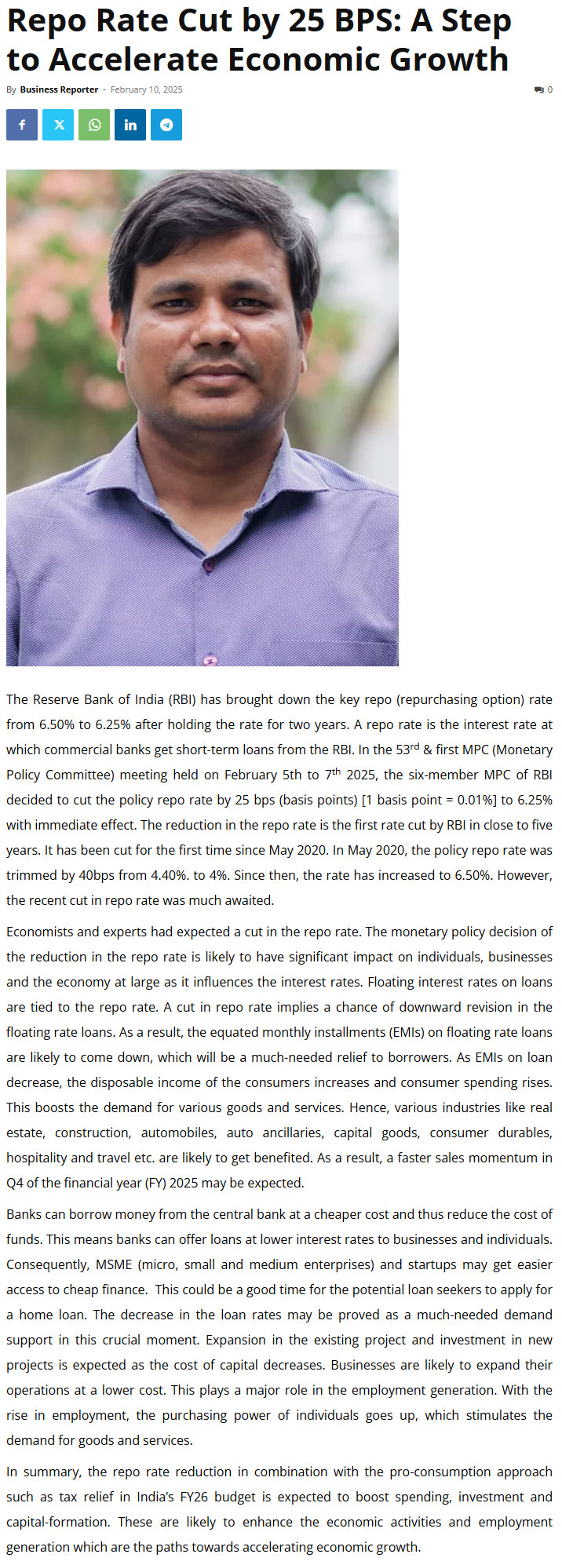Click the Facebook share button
point(22,125)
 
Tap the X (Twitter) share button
point(58,125)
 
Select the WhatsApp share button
point(94,125)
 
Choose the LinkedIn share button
point(130,125)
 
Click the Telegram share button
point(166,125)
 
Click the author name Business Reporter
point(59,89)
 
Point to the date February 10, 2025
point(146,89)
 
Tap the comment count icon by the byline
point(539,89)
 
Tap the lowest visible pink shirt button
point(210,659)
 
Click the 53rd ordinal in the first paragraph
point(407,750)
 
